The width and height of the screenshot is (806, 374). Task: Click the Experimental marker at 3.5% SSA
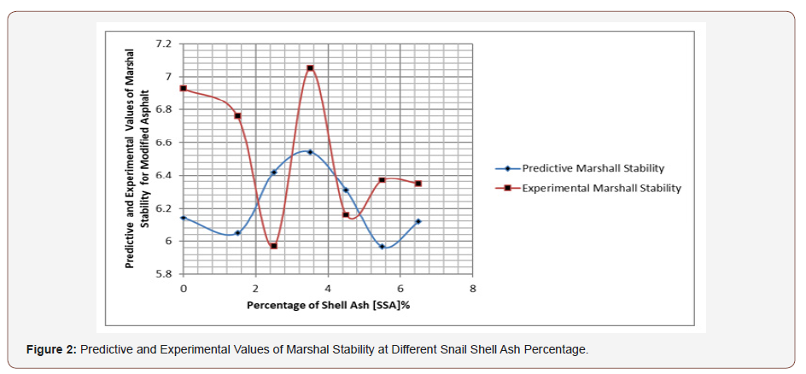pyautogui.click(x=310, y=68)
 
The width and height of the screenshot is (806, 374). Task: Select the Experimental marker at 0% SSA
pyautogui.click(x=184, y=88)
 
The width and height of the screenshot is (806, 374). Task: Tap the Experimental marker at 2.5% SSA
pyautogui.click(x=273, y=246)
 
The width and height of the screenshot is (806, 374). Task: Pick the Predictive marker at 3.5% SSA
pyautogui.click(x=310, y=152)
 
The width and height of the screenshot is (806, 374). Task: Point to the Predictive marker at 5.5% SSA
pyautogui.click(x=383, y=247)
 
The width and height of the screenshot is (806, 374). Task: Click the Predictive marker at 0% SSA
pyautogui.click(x=184, y=218)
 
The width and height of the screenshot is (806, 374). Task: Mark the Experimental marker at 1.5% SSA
pyautogui.click(x=237, y=115)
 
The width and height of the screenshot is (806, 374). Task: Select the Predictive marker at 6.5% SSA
pyautogui.click(x=418, y=221)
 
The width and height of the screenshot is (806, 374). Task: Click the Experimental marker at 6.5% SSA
pyautogui.click(x=418, y=184)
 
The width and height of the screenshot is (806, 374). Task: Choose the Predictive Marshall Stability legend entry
pyautogui.click(x=593, y=168)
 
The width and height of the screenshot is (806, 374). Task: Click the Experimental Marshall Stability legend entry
pyautogui.click(x=601, y=188)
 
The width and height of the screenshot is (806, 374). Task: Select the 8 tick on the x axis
pyautogui.click(x=473, y=289)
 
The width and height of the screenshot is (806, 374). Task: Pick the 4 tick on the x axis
pyautogui.click(x=329, y=289)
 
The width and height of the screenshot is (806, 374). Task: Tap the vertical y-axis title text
pyautogui.click(x=136, y=158)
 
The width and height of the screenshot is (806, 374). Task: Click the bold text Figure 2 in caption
pyautogui.click(x=52, y=350)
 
